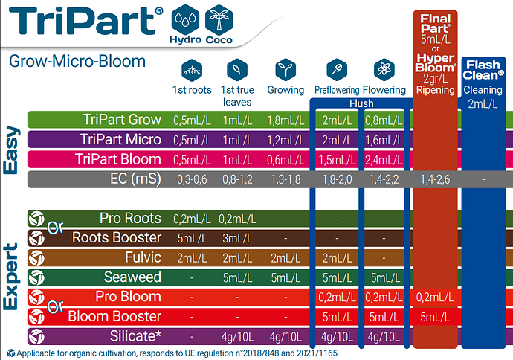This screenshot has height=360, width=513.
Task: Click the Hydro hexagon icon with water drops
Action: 185,19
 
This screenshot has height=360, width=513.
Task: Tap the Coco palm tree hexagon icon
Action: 219,19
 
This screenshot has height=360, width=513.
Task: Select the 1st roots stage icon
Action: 192,70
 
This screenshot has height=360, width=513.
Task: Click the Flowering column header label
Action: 384,90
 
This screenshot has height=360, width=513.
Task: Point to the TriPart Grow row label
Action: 122,120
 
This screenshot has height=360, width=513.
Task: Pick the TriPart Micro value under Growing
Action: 285,141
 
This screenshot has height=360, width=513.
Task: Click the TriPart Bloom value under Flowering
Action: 384,160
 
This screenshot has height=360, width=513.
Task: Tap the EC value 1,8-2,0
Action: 337,180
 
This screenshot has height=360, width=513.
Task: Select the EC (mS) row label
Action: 135,179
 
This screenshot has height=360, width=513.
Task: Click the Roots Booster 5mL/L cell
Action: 192,238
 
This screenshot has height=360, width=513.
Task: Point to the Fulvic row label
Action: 143,257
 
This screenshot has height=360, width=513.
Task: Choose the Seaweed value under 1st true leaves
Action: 237,278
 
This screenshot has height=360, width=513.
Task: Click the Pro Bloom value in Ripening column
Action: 435,298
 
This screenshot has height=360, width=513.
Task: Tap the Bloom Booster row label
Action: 114,316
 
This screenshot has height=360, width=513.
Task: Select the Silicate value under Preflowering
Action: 337,337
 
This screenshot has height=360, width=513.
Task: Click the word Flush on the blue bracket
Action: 361,103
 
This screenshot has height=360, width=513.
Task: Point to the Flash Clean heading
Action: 483,70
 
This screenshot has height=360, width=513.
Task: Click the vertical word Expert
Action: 11,277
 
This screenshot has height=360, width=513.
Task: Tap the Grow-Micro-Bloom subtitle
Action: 77,62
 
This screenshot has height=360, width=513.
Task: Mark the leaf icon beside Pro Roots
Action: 36,219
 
